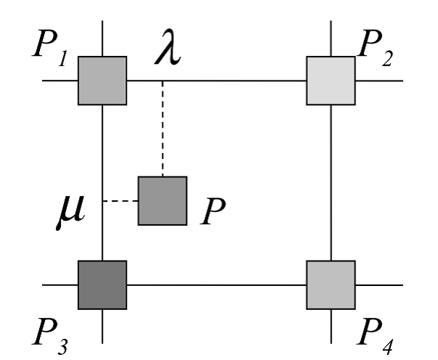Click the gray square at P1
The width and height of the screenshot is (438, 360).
click(x=102, y=80)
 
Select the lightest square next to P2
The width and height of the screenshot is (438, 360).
click(x=331, y=80)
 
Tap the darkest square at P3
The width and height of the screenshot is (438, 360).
click(x=102, y=284)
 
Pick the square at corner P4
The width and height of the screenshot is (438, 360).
click(x=331, y=284)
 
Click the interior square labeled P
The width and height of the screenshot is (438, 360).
click(x=162, y=201)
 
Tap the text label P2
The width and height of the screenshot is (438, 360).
click(x=378, y=50)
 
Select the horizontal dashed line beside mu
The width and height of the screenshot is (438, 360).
click(x=120, y=201)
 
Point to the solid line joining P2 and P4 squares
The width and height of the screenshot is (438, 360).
click(x=331, y=181)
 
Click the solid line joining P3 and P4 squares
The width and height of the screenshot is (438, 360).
click(x=218, y=284)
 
